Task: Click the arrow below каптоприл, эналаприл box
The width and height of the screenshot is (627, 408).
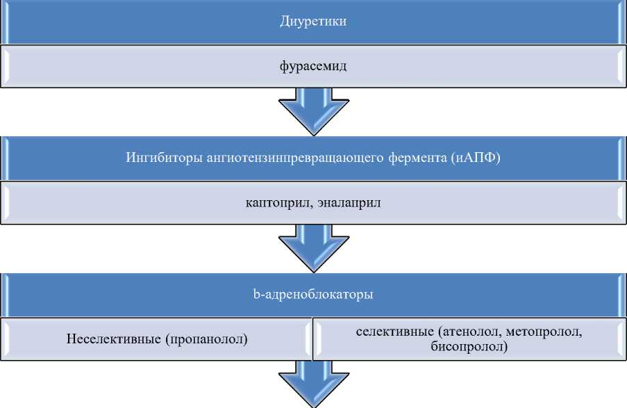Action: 312,247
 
